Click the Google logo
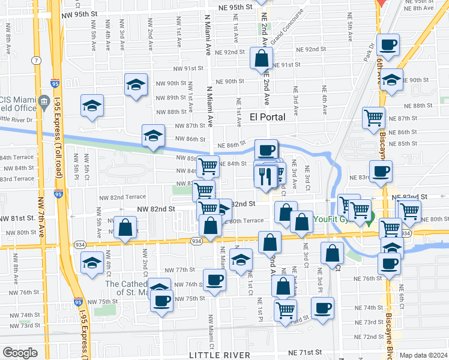coord(20,353)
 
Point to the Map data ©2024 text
coord(423,355)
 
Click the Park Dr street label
coord(369,49)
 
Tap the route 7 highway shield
coord(37,61)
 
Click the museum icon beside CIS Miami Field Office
coord(44,103)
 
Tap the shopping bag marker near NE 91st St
coord(261,59)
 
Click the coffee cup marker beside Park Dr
coord(388,44)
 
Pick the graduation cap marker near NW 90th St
coord(136,84)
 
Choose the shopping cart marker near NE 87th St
coord(374,117)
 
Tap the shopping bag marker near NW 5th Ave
coord(125,228)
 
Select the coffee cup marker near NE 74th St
coord(322,308)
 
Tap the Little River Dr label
coord(17,120)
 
